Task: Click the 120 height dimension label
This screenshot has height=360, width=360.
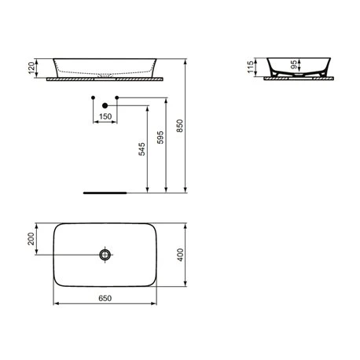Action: click(31, 68)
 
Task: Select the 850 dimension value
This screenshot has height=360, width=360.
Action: click(180, 126)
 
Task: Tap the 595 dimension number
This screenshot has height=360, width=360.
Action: click(160, 138)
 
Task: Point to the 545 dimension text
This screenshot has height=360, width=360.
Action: click(141, 149)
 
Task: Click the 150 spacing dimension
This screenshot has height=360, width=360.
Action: click(105, 116)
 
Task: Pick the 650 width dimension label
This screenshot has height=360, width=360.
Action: click(105, 298)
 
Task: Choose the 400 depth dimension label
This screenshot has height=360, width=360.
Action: click(180, 255)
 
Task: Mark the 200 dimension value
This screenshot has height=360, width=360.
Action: click(31, 239)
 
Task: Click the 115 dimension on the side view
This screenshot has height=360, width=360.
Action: click(251, 67)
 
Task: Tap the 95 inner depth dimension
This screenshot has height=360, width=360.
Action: click(294, 64)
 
